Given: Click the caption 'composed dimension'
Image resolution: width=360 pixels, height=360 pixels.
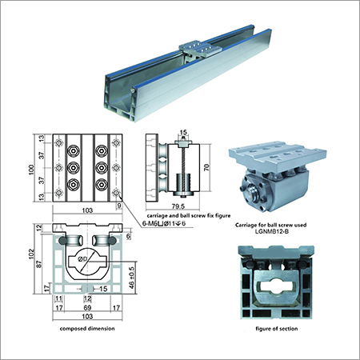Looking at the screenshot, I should [x=82, y=328].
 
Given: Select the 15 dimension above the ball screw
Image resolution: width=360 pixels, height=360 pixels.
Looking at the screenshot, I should [x=182, y=133].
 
